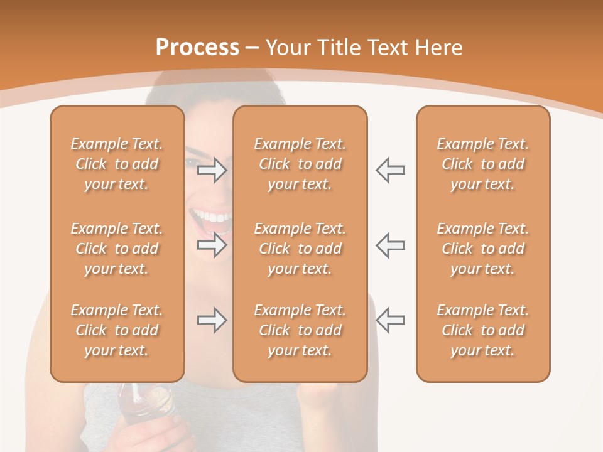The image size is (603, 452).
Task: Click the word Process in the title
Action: tap(197, 48)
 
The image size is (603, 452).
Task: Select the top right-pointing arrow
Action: tap(212, 170)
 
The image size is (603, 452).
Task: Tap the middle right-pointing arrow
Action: tap(212, 245)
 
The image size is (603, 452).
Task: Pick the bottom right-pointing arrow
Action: tap(212, 321)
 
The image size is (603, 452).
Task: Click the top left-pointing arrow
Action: tap(390, 170)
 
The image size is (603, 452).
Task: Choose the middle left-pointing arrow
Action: tap(390, 245)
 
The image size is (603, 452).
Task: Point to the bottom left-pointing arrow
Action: tap(390, 321)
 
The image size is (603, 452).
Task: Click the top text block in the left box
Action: tap(117, 164)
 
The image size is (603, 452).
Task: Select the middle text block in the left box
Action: tap(117, 249)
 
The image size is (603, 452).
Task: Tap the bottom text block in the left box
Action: tap(117, 330)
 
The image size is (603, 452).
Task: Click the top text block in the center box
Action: tap(300, 164)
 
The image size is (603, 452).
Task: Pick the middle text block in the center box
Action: tap(300, 249)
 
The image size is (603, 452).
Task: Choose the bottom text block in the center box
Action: tap(300, 330)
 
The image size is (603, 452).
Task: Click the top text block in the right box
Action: tap(482, 164)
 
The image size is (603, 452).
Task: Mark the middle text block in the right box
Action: tap(482, 249)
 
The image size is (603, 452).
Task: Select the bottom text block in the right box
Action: tap(482, 330)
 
